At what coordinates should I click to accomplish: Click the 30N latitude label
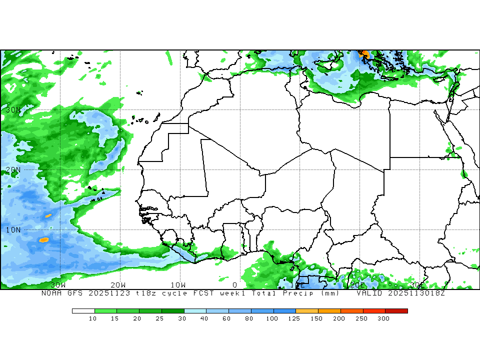(x=13, y=109)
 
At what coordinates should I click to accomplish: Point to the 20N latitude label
(x=13, y=169)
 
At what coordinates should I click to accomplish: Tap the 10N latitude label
(x=13, y=229)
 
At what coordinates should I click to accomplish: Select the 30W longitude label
(x=58, y=284)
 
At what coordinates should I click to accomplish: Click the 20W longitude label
(x=118, y=284)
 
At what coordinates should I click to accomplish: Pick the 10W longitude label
(x=178, y=284)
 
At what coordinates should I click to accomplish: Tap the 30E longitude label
(x=417, y=284)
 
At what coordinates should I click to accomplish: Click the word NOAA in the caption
(x=51, y=293)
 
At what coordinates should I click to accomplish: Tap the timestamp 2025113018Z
(x=416, y=293)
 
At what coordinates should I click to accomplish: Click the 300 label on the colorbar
(x=383, y=318)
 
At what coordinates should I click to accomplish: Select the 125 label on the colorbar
(x=294, y=318)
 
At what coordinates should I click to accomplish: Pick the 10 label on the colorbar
(x=92, y=318)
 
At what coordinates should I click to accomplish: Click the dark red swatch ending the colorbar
(x=396, y=310)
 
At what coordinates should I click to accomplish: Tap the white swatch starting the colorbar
(x=83, y=310)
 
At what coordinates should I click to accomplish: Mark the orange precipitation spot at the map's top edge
(x=365, y=54)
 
